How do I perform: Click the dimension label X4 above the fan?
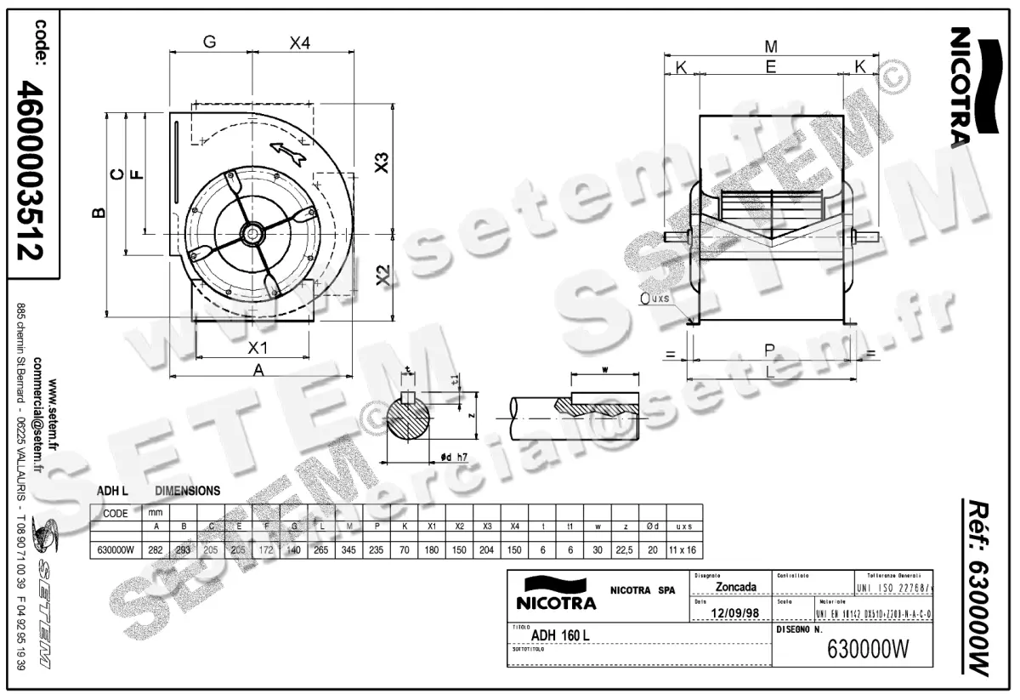tap(298, 43)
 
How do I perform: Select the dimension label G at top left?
tap(209, 43)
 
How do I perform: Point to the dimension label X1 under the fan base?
tap(258, 348)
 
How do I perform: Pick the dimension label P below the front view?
tap(770, 350)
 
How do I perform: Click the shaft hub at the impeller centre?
tap(253, 230)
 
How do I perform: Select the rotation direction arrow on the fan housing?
tap(288, 152)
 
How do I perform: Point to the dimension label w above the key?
tap(604, 371)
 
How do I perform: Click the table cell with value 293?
tap(184, 550)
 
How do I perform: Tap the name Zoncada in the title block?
tap(736, 587)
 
